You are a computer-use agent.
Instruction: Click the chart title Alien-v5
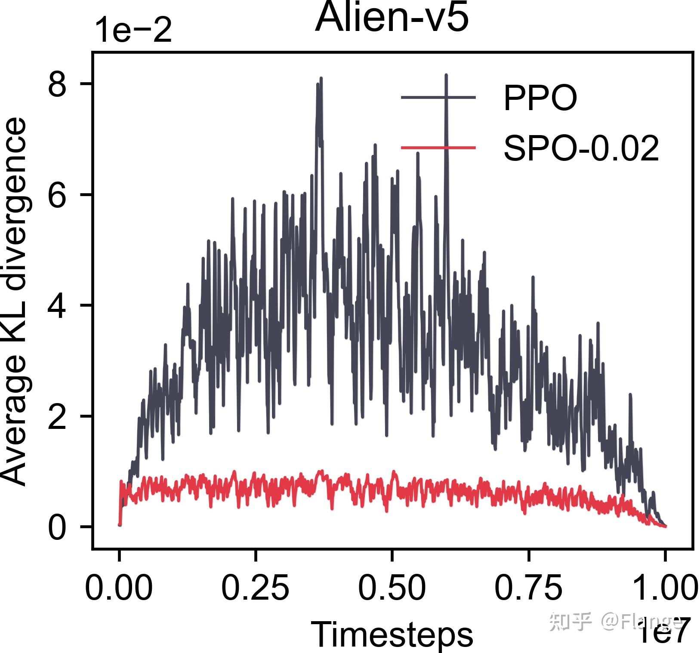pyautogui.click(x=392, y=18)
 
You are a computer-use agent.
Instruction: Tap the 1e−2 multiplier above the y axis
pyautogui.click(x=133, y=31)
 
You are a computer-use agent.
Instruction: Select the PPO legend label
pyautogui.click(x=540, y=98)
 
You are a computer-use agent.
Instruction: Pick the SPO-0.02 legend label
pyautogui.click(x=581, y=148)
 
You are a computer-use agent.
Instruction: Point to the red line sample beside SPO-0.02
pyautogui.click(x=438, y=148)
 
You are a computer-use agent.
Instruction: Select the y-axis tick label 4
pyautogui.click(x=57, y=306)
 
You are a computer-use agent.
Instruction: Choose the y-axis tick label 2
pyautogui.click(x=57, y=416)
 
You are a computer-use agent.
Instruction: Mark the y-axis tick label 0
pyautogui.click(x=57, y=527)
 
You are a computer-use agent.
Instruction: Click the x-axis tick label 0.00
pyautogui.click(x=119, y=587)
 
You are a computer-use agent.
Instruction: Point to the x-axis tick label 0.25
pyautogui.click(x=255, y=587)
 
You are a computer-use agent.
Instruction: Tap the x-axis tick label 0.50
pyautogui.click(x=392, y=587)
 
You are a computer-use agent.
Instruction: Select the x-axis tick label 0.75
pyautogui.click(x=528, y=587)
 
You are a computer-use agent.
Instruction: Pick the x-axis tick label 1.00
pyautogui.click(x=665, y=587)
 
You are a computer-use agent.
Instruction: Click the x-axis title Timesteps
pyautogui.click(x=392, y=634)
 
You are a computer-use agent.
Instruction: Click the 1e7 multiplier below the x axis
pyautogui.click(x=665, y=630)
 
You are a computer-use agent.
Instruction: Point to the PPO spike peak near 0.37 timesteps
pyautogui.click(x=321, y=78)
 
